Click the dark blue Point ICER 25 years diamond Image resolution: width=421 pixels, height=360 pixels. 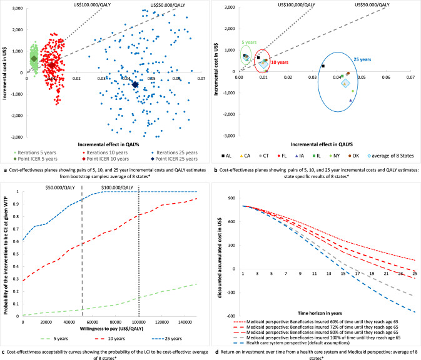click(135, 84)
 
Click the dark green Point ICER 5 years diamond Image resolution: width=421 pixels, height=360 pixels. click(34, 59)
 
